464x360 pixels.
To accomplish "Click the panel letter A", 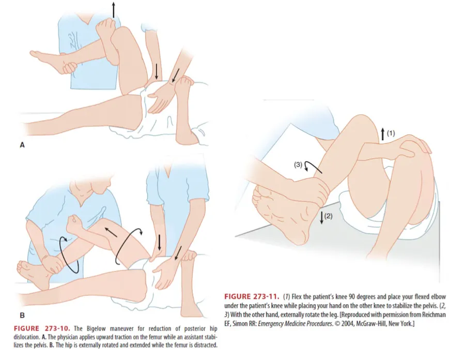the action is (x=22, y=145).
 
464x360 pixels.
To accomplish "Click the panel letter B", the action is (x=22, y=315).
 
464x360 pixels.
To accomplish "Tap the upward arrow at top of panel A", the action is (x=113, y=10).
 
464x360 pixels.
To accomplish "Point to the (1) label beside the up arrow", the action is (x=391, y=133).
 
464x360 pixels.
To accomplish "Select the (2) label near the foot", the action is (x=329, y=216).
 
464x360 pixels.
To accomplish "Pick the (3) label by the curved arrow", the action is (x=298, y=164).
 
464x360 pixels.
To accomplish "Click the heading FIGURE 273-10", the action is (x=42, y=328).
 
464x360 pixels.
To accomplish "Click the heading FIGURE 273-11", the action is (x=252, y=296).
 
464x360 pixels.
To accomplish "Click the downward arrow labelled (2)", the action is (x=322, y=217).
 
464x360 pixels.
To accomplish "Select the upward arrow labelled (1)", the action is (x=383, y=134).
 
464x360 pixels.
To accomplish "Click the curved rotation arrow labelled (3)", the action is (x=311, y=164).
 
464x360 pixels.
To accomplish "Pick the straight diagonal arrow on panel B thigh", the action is (x=111, y=232).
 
